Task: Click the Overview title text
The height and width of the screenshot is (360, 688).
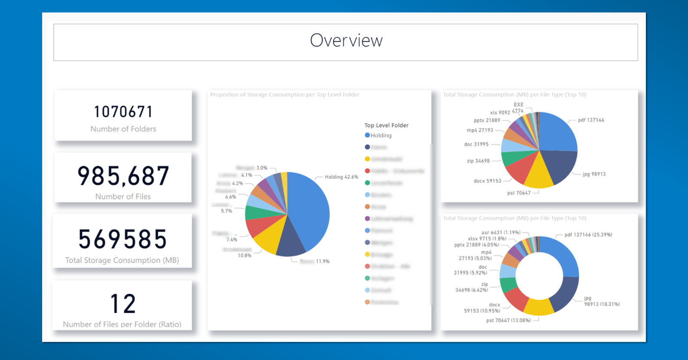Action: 346,41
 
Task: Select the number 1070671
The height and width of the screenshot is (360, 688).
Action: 123,112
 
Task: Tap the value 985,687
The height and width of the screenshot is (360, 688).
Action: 123,176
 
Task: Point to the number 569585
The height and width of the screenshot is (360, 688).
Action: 123,240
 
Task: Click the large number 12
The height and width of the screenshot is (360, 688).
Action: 123,304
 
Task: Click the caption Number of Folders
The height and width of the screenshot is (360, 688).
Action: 123,129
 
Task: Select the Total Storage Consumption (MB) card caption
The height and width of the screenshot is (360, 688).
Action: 122,260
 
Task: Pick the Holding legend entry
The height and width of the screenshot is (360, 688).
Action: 381,135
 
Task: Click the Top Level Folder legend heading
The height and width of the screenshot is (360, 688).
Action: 386,126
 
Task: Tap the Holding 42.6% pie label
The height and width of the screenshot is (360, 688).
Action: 341,177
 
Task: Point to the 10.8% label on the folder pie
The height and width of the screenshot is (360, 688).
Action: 245,255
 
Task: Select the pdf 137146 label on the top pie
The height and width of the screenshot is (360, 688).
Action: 591,120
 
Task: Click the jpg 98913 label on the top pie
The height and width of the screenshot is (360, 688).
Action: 594,174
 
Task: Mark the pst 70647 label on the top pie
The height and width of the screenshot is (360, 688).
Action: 519,193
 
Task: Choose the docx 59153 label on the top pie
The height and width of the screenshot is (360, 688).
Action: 487,181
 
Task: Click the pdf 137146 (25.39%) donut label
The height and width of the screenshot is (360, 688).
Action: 588,235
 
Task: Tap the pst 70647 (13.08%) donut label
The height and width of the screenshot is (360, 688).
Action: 508,320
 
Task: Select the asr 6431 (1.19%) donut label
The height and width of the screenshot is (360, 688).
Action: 501,233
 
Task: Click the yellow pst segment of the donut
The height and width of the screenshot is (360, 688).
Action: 538,307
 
